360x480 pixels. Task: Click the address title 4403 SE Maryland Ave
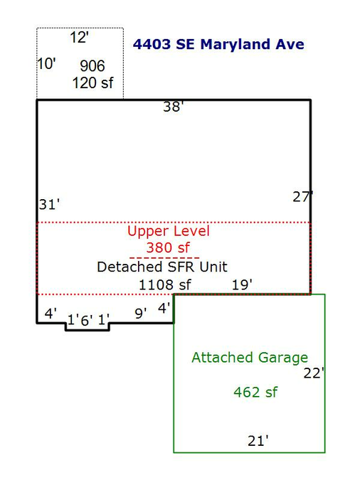[218, 44]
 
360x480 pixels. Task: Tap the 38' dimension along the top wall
[173, 107]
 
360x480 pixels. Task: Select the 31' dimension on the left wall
[49, 204]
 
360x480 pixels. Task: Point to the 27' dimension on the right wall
[302, 196]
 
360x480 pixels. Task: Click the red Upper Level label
[169, 231]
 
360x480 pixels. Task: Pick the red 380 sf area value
[168, 247]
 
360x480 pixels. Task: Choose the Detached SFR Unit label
[162, 267]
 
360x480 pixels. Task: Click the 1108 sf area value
[165, 285]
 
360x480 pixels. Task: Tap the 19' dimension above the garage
[242, 284]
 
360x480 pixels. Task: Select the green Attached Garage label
[250, 358]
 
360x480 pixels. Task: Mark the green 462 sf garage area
[255, 392]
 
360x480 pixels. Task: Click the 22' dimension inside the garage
[314, 373]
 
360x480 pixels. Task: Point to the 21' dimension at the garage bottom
[258, 441]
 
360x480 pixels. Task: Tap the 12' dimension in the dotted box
[79, 38]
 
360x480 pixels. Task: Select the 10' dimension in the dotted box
[46, 64]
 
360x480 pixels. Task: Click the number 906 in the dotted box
[92, 66]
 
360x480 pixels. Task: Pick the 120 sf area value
[92, 83]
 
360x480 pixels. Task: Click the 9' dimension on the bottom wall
[141, 314]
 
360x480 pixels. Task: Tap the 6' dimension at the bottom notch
[87, 320]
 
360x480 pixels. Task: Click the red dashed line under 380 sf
[164, 257]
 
